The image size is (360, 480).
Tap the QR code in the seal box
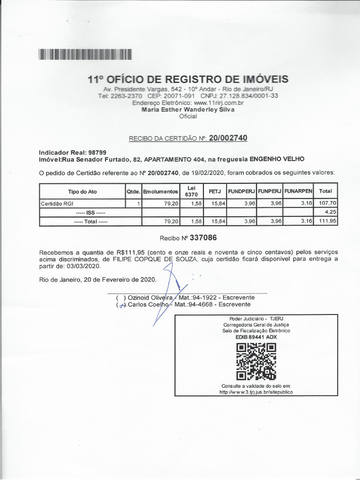[255, 361]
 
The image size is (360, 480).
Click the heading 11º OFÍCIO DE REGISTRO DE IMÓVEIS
[188, 79]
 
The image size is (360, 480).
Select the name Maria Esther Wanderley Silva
[188, 109]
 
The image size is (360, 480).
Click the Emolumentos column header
[161, 191]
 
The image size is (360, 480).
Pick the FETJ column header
[215, 191]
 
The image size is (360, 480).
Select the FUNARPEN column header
[299, 191]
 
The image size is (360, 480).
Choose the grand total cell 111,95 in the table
[324, 221]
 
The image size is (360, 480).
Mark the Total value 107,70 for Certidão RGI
[324, 203]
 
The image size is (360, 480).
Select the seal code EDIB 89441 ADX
[255, 337]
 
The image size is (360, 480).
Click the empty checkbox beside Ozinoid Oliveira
[120, 298]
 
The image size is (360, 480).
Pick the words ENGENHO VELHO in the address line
[277, 159]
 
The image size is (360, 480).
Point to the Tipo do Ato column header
[82, 191]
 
